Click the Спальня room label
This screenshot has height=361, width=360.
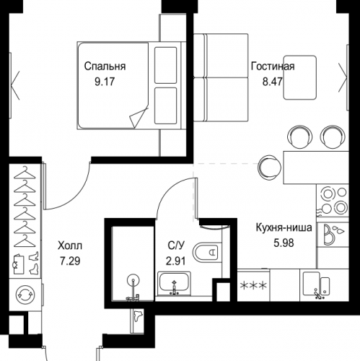click(105, 66)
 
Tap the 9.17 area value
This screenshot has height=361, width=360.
click(105, 82)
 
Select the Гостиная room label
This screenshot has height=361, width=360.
click(273, 66)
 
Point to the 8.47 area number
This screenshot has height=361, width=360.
click(272, 82)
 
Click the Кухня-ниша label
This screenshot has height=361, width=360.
click(284, 227)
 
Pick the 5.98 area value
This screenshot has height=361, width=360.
click(284, 243)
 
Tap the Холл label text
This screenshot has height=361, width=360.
click(70, 245)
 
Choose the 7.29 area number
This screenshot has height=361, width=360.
click(70, 261)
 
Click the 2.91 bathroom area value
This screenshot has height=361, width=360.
click(176, 261)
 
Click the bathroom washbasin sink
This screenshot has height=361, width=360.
click(174, 284)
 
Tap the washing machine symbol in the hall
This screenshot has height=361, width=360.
click(25, 294)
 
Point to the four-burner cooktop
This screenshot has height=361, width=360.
click(333, 200)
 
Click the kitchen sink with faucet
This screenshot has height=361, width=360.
click(316, 285)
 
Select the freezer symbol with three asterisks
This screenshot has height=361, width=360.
click(253, 286)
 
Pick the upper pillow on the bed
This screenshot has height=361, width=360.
click(165, 66)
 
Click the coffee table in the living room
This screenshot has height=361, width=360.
click(299, 77)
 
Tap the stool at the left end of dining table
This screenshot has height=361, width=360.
click(269, 167)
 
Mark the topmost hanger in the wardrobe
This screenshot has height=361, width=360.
click(25, 173)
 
